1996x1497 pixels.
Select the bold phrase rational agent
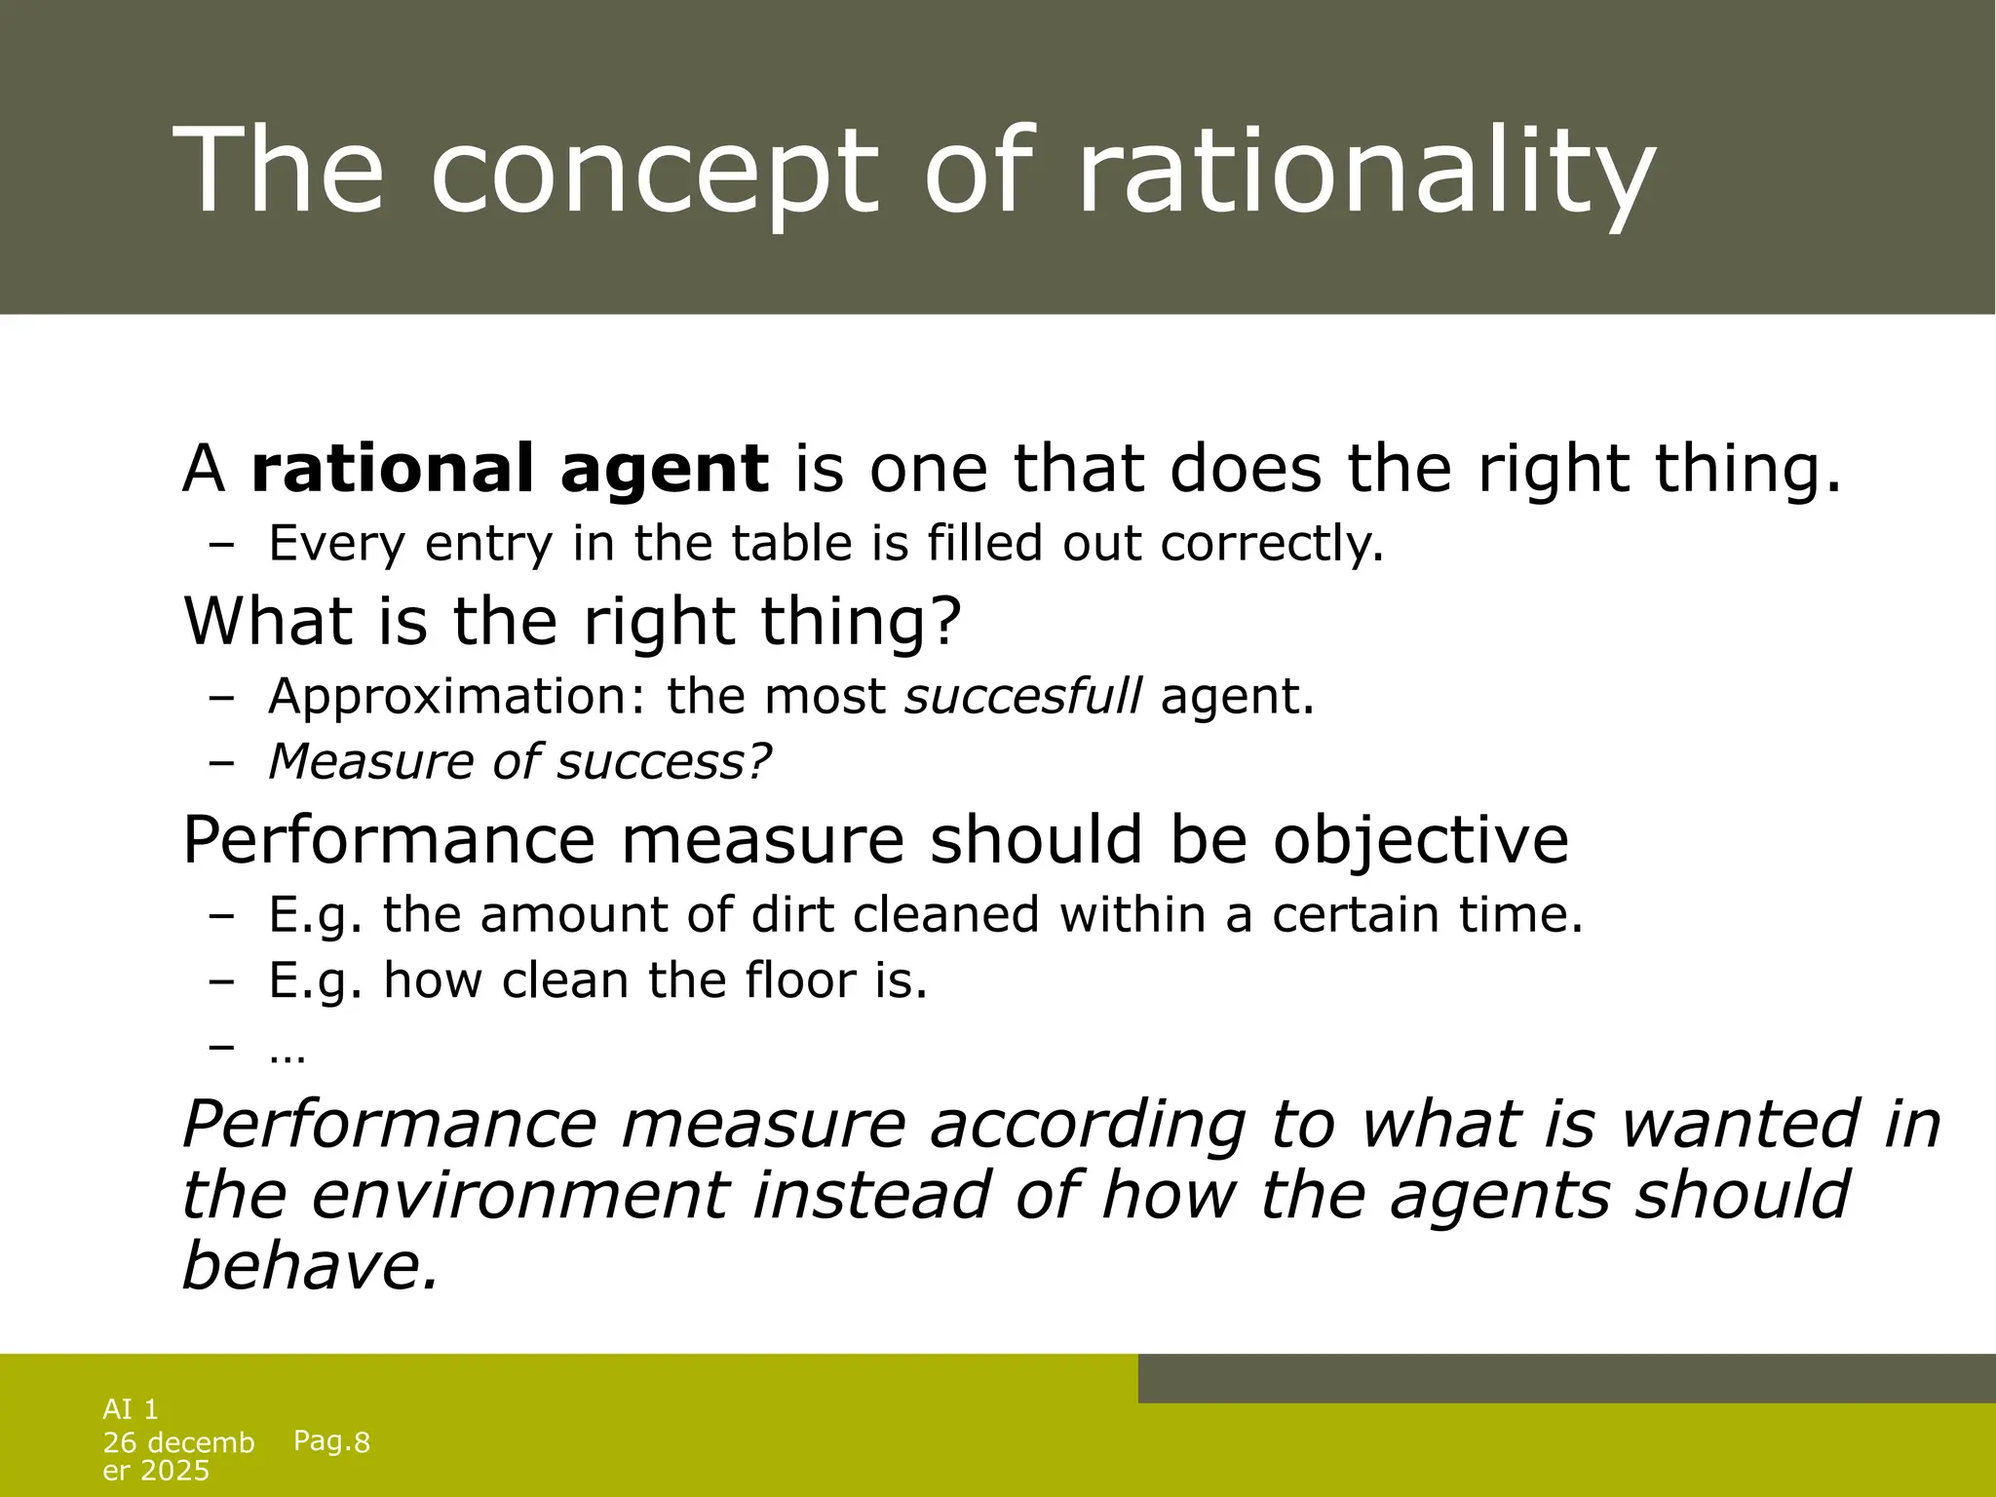tap(510, 469)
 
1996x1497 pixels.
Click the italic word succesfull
tap(1023, 697)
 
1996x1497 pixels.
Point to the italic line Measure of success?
tap(519, 762)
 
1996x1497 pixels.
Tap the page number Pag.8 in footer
tap(331, 1441)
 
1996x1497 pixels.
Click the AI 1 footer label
tap(131, 1409)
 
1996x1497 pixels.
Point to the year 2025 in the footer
tap(175, 1471)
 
